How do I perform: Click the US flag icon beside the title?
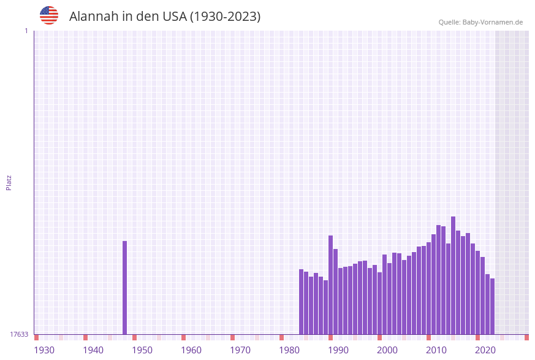49,15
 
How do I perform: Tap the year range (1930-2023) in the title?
225,17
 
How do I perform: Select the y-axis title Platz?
9,182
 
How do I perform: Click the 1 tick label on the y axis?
26,31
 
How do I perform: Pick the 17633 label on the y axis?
19,334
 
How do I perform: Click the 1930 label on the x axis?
44,350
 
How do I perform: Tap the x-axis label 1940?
93,350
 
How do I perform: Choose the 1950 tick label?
142,350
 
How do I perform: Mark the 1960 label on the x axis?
191,350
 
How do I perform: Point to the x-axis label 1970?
240,350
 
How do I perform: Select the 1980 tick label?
289,350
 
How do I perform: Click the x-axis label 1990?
338,350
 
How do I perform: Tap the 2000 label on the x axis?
387,350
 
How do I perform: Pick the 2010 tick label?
436,350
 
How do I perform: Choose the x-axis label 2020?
485,350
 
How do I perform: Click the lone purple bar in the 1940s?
124,288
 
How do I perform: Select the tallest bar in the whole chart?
453,276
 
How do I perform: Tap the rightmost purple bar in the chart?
492,307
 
